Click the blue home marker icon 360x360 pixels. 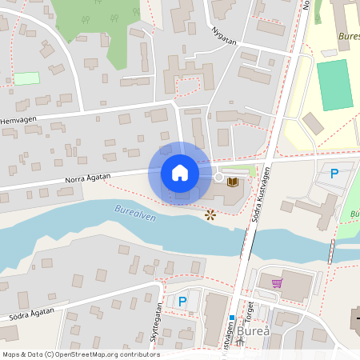tap(180, 173)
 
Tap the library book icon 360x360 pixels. tap(233, 182)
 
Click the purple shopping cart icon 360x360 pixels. tap(277, 282)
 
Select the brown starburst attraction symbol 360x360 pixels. tap(210, 214)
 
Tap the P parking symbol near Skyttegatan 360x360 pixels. tap(182, 302)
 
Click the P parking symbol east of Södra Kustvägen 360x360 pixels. tap(334, 173)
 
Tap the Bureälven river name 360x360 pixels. tap(134, 212)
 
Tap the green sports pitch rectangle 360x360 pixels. tap(334, 85)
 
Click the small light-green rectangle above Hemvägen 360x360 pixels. tap(26, 78)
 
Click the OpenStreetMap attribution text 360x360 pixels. tap(81, 354)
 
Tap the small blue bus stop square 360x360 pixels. tap(232, 318)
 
